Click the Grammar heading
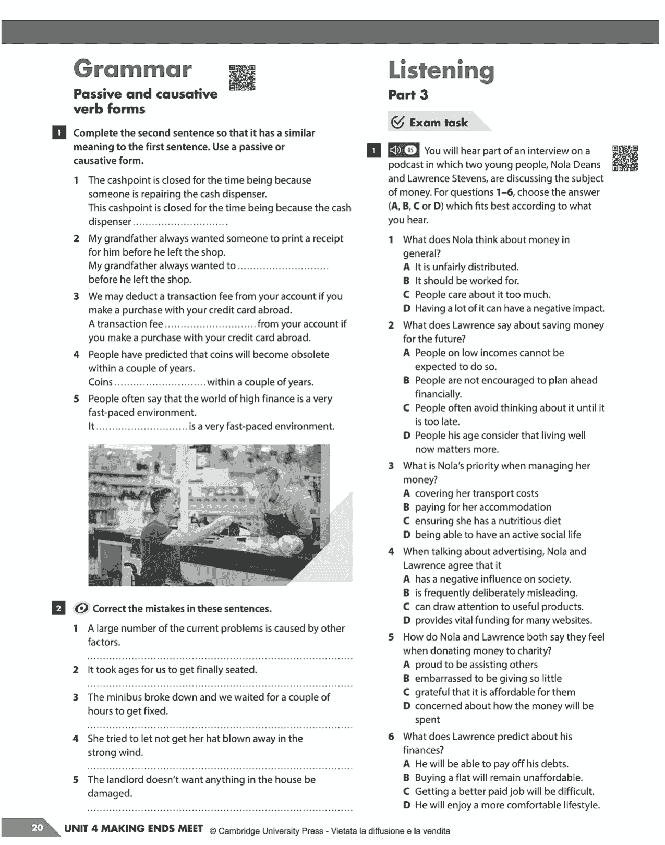[132, 69]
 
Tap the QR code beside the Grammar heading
[243, 77]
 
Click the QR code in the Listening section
[625, 158]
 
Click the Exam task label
[438, 123]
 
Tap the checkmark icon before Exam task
[397, 123]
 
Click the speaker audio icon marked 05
[403, 150]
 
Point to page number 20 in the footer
[38, 828]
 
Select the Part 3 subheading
[408, 95]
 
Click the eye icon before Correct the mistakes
[81, 609]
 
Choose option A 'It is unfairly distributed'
[466, 267]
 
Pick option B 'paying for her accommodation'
[482, 507]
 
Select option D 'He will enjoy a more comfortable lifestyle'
[507, 805]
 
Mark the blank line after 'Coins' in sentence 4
[160, 383]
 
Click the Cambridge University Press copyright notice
[329, 831]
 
